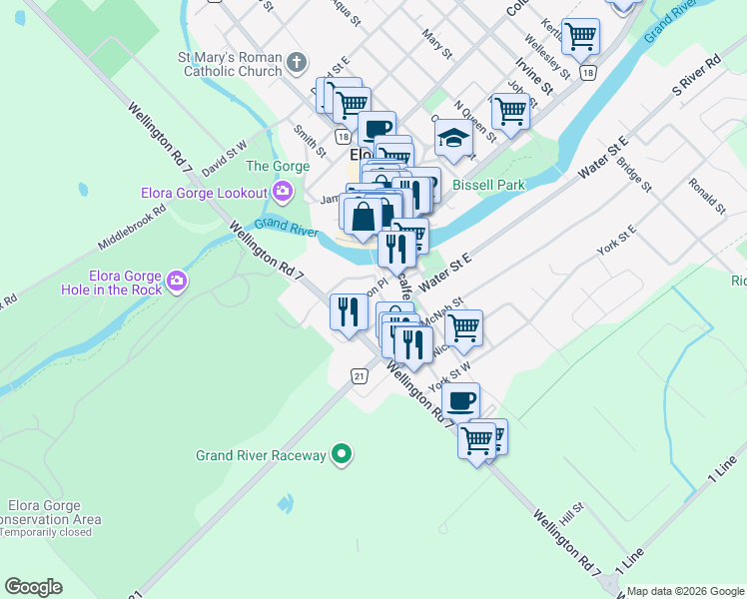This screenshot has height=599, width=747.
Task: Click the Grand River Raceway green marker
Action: tap(343, 455)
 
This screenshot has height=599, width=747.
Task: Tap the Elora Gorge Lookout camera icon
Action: tap(283, 191)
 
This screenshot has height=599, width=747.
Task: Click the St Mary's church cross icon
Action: tap(296, 64)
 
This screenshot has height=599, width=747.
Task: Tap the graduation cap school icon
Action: tap(453, 139)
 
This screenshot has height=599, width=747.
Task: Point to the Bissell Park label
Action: tap(488, 185)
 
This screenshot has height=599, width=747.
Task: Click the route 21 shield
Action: tap(360, 375)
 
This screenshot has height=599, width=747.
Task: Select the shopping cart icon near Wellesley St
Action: tap(580, 37)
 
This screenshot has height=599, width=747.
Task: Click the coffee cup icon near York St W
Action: tap(460, 401)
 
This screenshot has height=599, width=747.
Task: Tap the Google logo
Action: tap(33, 587)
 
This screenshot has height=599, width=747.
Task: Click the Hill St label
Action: tap(571, 514)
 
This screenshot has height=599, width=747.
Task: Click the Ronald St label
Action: tap(707, 196)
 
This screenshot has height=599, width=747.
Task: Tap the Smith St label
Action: tap(310, 141)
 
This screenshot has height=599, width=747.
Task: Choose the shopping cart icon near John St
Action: tap(509, 114)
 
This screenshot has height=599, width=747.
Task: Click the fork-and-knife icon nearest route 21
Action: tap(349, 311)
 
